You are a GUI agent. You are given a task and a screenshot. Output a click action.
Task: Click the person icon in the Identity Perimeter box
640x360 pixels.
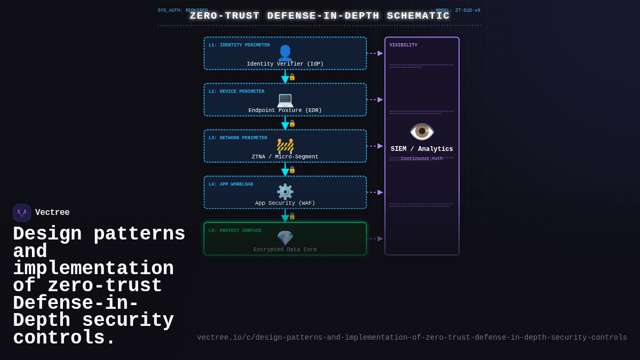(x=285, y=52)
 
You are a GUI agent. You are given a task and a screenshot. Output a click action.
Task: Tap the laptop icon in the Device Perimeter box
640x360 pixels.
(x=285, y=99)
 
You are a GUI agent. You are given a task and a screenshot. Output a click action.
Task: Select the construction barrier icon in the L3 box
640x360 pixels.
(x=285, y=145)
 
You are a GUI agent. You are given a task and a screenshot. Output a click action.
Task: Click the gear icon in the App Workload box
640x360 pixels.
(x=285, y=191)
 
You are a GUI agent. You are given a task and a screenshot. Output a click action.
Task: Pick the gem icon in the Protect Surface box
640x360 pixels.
(x=285, y=238)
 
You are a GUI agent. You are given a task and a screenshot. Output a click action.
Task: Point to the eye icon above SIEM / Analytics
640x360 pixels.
(x=422, y=131)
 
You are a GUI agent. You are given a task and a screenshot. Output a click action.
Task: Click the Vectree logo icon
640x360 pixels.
(x=22, y=213)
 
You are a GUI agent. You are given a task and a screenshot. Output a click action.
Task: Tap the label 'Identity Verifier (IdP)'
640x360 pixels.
(x=285, y=64)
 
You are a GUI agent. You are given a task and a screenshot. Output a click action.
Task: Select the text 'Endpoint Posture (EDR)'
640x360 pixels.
(x=285, y=110)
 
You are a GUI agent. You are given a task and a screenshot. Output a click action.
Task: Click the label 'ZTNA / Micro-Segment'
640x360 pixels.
(x=285, y=157)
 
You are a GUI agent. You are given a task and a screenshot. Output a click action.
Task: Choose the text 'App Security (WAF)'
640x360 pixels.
(x=285, y=203)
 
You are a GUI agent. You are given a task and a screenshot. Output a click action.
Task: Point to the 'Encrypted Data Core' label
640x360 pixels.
(x=285, y=250)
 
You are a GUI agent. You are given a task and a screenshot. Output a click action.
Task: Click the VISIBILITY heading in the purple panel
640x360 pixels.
(x=403, y=45)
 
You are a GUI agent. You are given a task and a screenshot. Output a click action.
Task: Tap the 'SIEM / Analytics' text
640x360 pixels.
(x=422, y=149)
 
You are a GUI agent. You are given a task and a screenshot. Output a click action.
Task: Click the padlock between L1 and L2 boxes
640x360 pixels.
(x=292, y=77)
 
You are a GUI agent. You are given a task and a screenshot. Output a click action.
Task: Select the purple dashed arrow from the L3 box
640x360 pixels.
(x=375, y=146)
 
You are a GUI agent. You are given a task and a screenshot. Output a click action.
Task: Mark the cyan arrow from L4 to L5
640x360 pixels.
(x=285, y=215)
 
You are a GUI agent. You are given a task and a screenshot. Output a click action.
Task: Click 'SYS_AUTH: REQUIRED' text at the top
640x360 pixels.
(x=182, y=10)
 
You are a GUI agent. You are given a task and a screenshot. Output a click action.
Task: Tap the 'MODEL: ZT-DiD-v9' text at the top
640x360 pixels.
(x=458, y=10)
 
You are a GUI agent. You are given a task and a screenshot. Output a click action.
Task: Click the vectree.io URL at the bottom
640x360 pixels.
(x=412, y=338)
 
